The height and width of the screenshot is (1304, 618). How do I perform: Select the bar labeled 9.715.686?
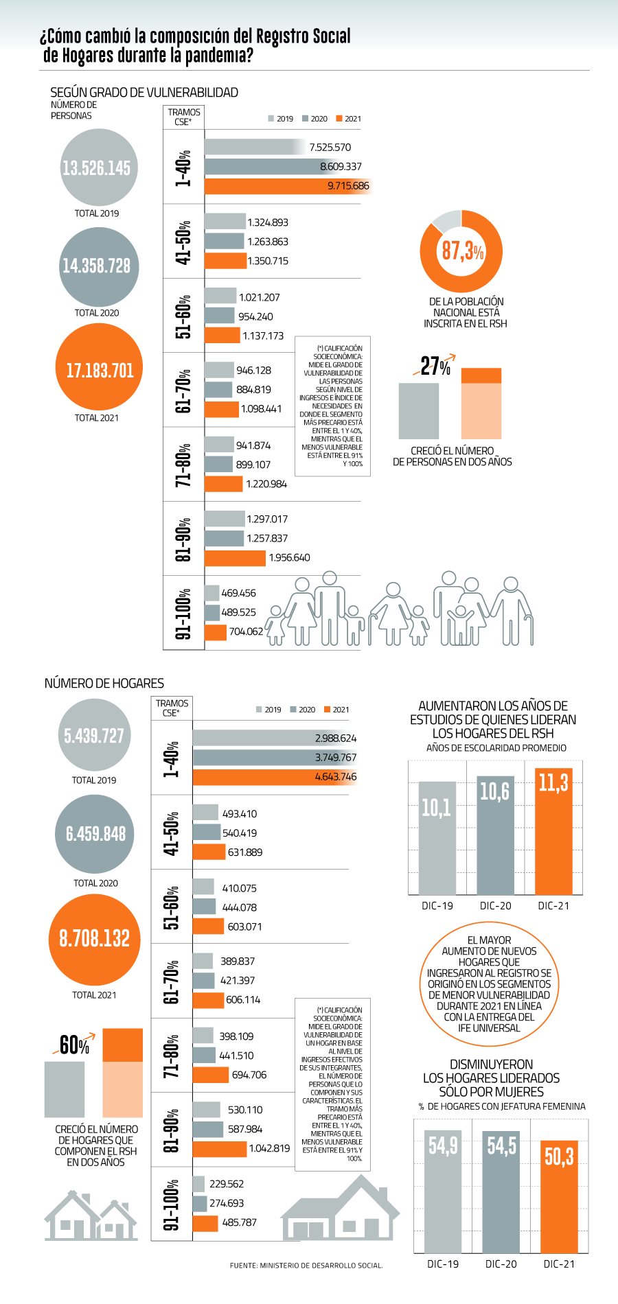click(288, 186)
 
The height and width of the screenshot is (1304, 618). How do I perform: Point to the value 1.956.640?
click(289, 558)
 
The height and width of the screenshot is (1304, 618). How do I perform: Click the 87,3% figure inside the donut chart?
click(463, 251)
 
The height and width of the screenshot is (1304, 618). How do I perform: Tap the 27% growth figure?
click(435, 366)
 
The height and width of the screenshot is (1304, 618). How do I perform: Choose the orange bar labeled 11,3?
click(553, 831)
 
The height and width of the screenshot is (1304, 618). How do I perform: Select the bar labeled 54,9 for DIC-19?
click(443, 1191)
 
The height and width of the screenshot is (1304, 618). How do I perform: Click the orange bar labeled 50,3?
click(559, 1197)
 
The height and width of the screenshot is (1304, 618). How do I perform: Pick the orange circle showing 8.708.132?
click(95, 940)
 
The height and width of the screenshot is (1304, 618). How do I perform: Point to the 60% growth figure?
click(74, 1045)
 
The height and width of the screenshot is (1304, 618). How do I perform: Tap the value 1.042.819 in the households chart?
click(269, 1148)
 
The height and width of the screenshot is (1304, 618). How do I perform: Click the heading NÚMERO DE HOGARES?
click(104, 684)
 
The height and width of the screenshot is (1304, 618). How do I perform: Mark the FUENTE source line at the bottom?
click(306, 1265)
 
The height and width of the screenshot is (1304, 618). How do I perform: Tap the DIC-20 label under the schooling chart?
click(496, 906)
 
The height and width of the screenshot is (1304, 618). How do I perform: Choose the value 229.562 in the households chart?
click(227, 1184)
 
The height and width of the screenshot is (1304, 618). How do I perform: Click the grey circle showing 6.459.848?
click(96, 834)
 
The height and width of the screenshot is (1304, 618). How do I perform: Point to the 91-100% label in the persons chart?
click(183, 614)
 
